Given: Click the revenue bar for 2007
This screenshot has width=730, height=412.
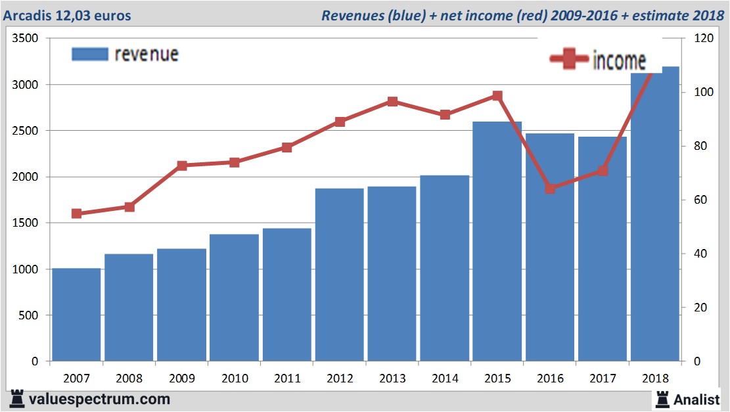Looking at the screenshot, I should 76,315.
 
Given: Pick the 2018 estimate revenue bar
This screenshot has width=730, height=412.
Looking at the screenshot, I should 654,217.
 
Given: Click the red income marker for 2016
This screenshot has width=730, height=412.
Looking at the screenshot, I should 550,189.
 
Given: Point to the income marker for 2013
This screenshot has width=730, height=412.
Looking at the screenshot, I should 392,101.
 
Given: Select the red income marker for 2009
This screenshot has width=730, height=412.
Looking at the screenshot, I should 182,166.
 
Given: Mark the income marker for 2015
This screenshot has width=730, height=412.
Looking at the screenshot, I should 497,96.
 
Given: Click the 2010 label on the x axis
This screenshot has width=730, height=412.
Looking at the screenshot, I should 235,378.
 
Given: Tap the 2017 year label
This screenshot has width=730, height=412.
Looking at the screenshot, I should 603,378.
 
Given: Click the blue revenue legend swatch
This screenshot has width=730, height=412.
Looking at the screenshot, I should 89,55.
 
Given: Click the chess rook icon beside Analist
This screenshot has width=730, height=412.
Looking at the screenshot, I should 662,398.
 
